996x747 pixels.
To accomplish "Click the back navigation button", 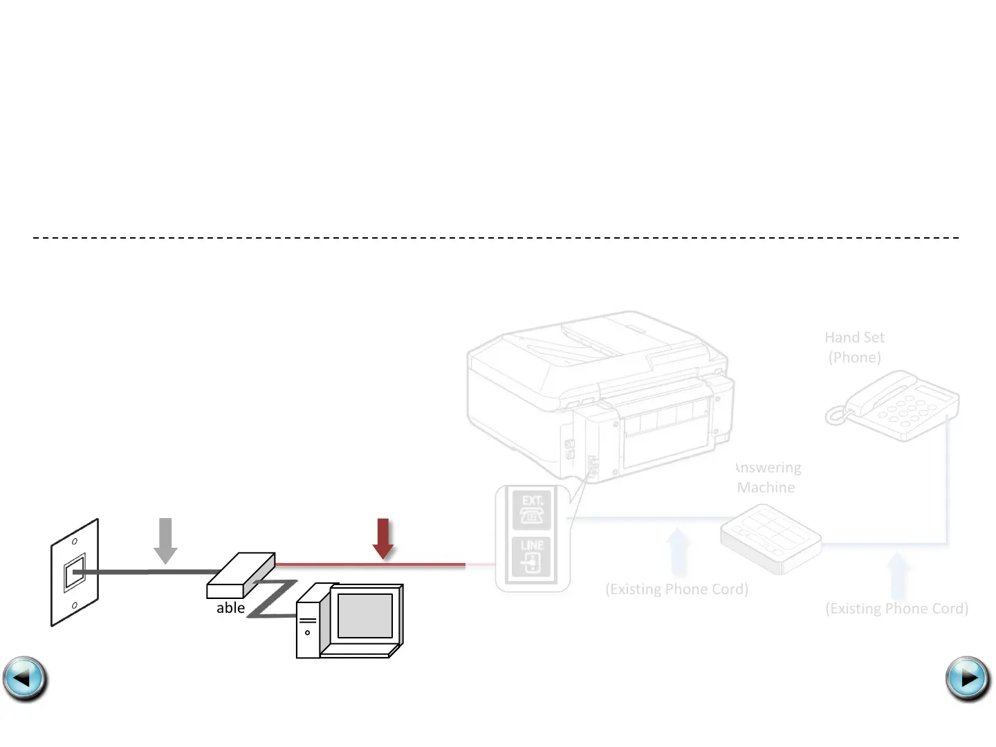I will (x=25, y=679).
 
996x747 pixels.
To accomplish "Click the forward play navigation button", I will (x=968, y=679).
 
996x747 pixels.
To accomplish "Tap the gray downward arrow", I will (x=165, y=540).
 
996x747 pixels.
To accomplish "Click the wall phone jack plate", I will (x=75, y=573).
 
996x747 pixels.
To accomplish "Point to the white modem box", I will (x=241, y=575).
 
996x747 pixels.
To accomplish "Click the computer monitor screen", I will (x=365, y=616).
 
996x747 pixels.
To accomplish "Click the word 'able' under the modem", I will (x=230, y=608).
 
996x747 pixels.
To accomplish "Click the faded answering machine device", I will (x=770, y=539).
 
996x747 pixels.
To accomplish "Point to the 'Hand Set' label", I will (x=854, y=338).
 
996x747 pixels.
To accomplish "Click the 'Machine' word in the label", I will (x=766, y=488).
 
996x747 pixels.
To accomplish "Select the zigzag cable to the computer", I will (x=273, y=598).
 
